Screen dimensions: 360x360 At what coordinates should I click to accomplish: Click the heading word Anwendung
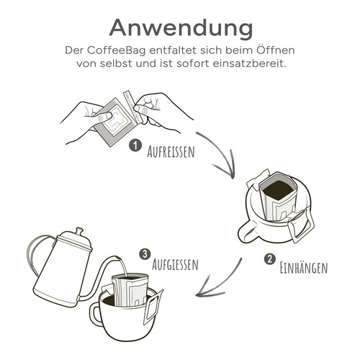click(x=180, y=27)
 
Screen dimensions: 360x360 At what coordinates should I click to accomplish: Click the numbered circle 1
click(x=134, y=145)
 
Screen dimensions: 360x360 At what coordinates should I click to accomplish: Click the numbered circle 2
click(x=269, y=260)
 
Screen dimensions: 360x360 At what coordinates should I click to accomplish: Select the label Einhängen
click(x=302, y=268)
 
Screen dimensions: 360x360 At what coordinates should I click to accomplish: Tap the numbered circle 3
click(x=145, y=253)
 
